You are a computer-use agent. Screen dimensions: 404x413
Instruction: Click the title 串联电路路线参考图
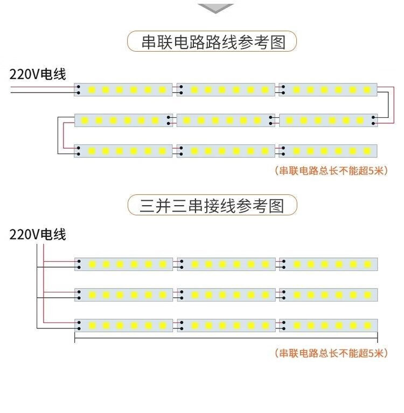213,42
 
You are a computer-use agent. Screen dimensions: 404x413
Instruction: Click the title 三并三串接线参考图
212,206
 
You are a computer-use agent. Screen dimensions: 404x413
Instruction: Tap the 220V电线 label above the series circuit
38,74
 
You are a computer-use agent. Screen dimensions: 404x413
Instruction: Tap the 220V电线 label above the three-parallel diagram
38,234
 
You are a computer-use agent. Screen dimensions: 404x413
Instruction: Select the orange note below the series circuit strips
331,171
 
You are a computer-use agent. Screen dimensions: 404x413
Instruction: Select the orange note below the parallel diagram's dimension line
331,353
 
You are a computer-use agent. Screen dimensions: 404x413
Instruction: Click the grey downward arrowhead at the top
215,8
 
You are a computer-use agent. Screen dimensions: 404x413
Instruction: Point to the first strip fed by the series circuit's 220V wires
123,90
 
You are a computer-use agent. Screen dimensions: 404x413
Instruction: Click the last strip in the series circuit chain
328,151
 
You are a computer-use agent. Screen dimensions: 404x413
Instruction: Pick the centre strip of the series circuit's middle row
226,121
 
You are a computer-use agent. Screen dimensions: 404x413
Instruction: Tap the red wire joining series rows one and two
394,105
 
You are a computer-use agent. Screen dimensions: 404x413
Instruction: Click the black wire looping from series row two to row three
58,135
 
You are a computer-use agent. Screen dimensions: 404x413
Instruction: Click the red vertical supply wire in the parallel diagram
44,283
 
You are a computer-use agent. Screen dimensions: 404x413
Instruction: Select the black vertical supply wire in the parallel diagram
37,286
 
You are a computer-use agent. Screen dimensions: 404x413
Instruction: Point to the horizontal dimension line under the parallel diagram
226,338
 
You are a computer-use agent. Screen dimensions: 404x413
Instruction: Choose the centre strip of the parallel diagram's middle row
226,295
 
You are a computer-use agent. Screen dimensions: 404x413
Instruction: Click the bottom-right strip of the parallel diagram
329,325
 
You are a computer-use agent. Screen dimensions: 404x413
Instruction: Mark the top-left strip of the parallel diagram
123,264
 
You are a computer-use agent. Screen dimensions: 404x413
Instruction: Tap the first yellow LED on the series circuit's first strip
92,90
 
